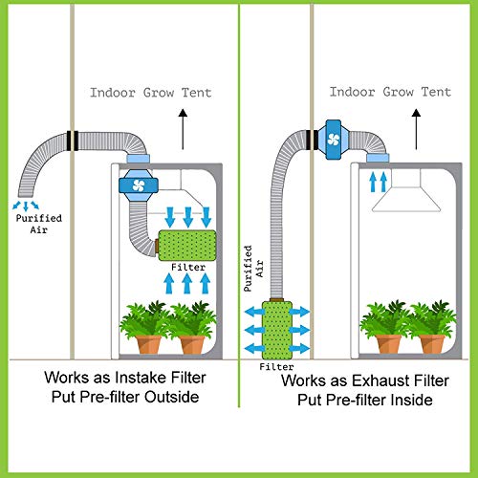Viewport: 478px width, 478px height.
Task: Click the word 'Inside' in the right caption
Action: pyautogui.click(x=413, y=401)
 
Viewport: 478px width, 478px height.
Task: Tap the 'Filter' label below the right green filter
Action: pyautogui.click(x=277, y=366)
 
